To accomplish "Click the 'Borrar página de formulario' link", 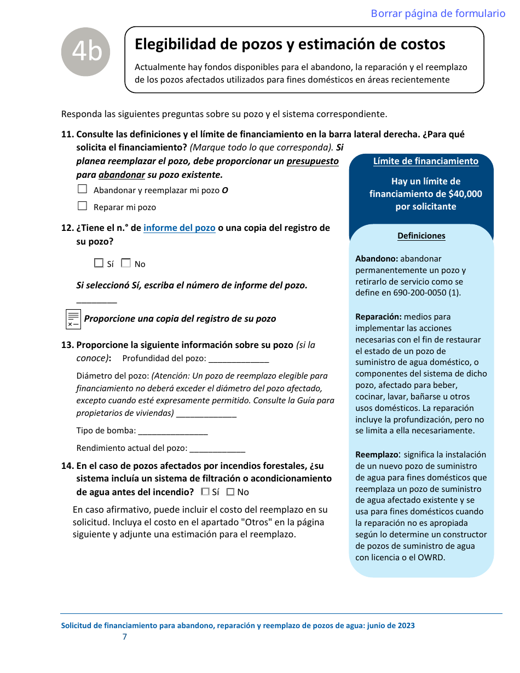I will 438,14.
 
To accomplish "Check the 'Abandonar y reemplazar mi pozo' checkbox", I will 83,189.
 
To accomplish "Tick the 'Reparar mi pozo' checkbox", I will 83,206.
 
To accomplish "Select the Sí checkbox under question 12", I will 99,263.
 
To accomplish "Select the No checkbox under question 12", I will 126,263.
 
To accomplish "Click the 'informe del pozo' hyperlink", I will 179,228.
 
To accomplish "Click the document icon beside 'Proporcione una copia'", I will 73,319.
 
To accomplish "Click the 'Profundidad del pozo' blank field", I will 239,359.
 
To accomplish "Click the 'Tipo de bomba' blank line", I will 172,431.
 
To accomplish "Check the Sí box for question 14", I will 205,492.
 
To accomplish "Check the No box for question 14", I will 230,492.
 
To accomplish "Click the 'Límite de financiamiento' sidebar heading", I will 425,161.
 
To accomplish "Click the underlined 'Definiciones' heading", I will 421,236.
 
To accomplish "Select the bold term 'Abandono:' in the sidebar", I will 377,259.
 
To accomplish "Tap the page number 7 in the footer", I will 125,637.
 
